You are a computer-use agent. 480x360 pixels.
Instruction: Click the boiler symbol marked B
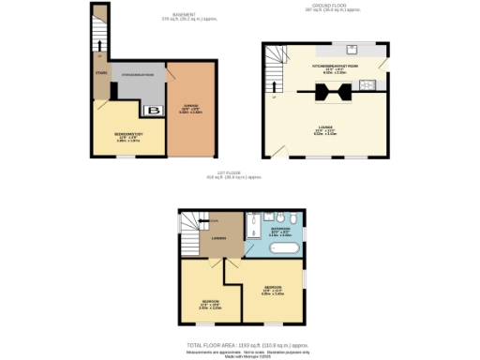coord(155,111)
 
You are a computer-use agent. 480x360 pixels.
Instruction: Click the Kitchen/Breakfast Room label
coord(324,67)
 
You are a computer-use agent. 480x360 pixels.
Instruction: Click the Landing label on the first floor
coord(217,236)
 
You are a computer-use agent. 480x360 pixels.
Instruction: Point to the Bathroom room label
coord(282,229)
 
